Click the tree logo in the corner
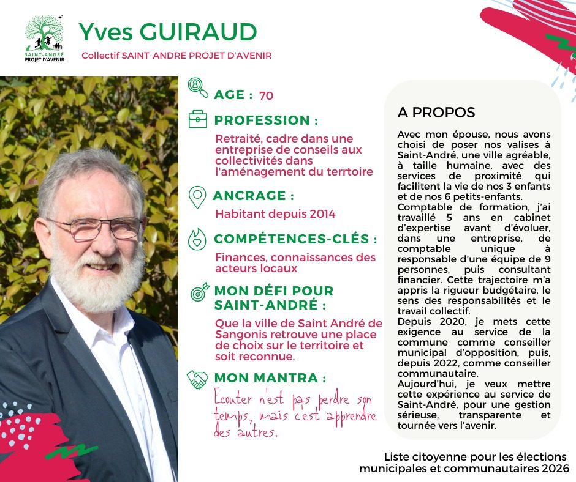[x=44, y=37]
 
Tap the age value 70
[x=266, y=95]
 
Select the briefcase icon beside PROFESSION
[x=197, y=119]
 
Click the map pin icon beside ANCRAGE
[x=197, y=197]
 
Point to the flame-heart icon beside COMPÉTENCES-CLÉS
[x=197, y=239]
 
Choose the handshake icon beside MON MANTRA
[x=197, y=379]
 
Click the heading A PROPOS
[x=436, y=113]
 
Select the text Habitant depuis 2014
[x=275, y=214]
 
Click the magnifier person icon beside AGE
[x=198, y=87]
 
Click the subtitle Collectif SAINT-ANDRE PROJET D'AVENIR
[x=176, y=56]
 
